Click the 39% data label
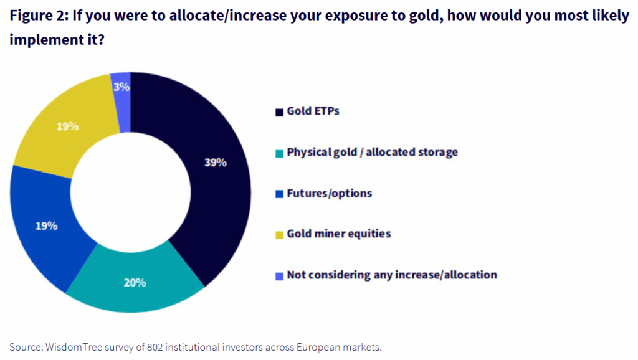215,163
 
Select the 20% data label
135,282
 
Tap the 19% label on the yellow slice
67,126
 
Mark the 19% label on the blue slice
46,225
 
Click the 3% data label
121,87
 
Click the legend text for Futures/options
329,193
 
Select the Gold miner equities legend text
338,234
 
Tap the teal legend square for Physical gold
279,153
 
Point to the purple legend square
279,275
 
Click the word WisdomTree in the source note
69,347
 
